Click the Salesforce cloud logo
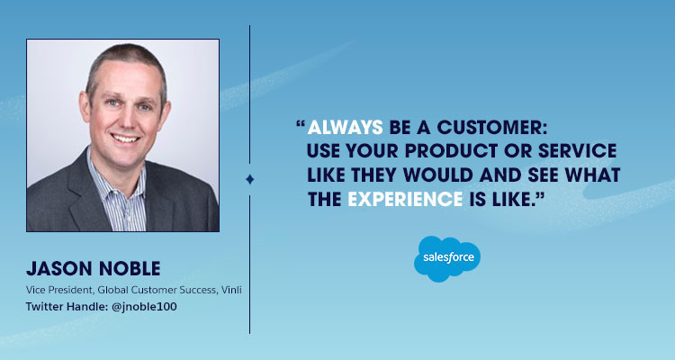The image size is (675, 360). [x=446, y=259]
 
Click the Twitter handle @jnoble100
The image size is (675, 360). [x=141, y=308]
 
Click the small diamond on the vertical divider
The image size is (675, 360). [x=249, y=179]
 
